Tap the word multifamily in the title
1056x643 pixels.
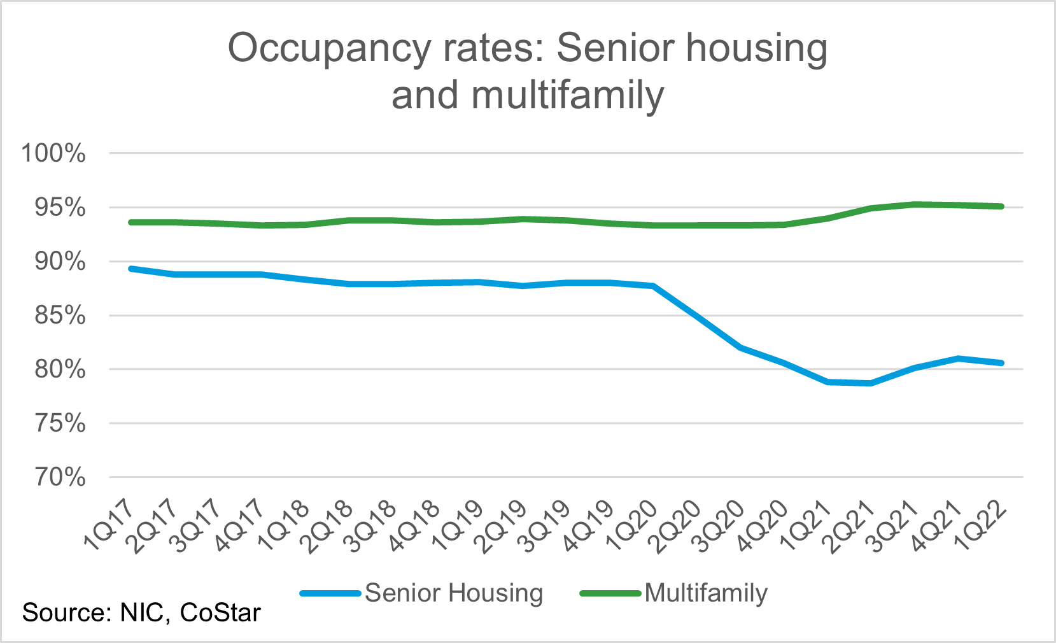pyautogui.click(x=568, y=95)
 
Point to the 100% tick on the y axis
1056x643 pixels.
pyautogui.click(x=53, y=153)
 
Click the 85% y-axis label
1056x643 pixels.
pyautogui.click(x=59, y=315)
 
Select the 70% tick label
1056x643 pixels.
pyautogui.click(x=59, y=477)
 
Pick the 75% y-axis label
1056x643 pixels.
pyautogui.click(x=59, y=423)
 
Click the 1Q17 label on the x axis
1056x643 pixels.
pyautogui.click(x=109, y=525)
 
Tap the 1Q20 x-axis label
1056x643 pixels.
pyautogui.click(x=631, y=525)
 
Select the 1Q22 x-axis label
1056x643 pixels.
pyautogui.click(x=980, y=525)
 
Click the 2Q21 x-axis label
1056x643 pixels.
pyautogui.click(x=849, y=525)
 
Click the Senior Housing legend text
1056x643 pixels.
pyautogui.click(x=454, y=593)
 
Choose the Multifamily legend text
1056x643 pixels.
pyautogui.click(x=706, y=593)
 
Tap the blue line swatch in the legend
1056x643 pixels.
pyautogui.click(x=330, y=593)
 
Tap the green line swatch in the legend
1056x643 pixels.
pyautogui.click(x=610, y=593)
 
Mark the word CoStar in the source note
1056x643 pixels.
pyautogui.click(x=220, y=613)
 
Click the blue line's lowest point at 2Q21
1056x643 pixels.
pyautogui.click(x=870, y=383)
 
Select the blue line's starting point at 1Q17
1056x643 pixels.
pyautogui.click(x=131, y=269)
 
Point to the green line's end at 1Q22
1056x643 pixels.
pyautogui.click(x=1002, y=206)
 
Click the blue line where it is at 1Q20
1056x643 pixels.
pyautogui.click(x=653, y=286)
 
